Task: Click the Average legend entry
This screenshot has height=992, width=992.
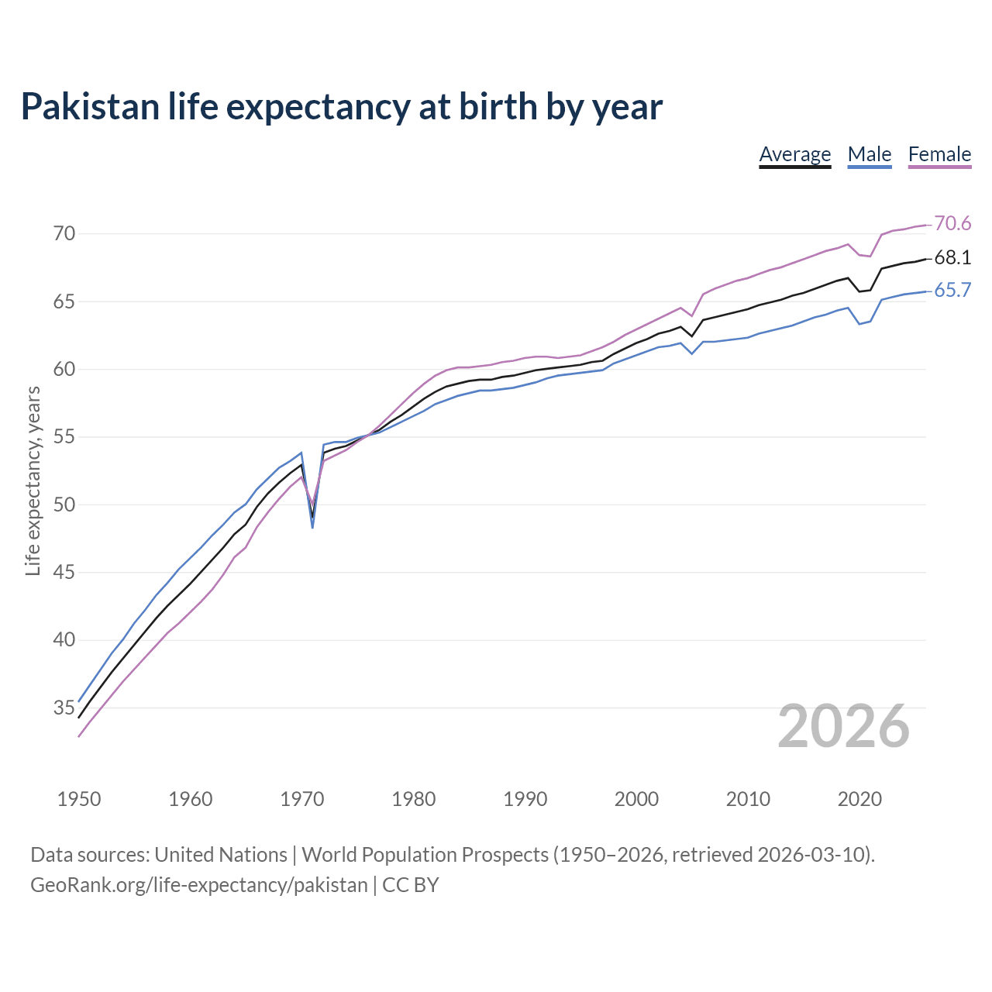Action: [x=794, y=154]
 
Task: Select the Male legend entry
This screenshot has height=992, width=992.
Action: [x=870, y=154]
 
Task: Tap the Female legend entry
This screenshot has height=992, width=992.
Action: [x=939, y=154]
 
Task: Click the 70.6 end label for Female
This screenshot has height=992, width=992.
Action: [x=952, y=224]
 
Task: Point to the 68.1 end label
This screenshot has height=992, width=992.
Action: [x=952, y=258]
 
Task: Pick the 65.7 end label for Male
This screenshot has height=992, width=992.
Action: [x=952, y=291]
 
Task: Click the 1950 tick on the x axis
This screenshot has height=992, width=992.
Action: [x=79, y=799]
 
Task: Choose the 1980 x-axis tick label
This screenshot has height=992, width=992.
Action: [x=413, y=799]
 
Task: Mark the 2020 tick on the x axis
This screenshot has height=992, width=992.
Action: [x=859, y=799]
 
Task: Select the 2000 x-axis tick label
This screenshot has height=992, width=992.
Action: [x=636, y=799]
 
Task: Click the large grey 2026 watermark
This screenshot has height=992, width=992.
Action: [x=843, y=726]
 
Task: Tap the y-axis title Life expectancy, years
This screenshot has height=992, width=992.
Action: [x=33, y=481]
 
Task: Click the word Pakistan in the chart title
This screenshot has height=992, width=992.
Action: [x=90, y=107]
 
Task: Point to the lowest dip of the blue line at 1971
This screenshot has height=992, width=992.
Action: [x=312, y=527]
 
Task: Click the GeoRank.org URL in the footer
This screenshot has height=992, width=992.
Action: [x=199, y=885]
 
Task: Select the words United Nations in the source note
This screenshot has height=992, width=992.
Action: [x=221, y=855]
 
